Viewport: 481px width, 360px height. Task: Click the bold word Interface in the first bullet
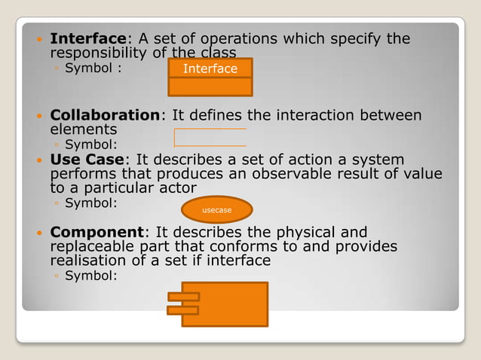pyautogui.click(x=87, y=38)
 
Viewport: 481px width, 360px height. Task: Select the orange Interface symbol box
pyautogui.click(x=210, y=77)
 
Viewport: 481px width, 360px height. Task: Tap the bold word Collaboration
pyautogui.click(x=105, y=115)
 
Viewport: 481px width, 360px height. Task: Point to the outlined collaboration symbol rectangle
pyautogui.click(x=210, y=137)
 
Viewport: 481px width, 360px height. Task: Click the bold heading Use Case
pyautogui.click(x=90, y=160)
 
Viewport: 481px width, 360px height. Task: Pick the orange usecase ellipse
pyautogui.click(x=216, y=210)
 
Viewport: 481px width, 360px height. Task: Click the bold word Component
pyautogui.click(x=96, y=232)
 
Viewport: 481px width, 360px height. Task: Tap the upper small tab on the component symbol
pyautogui.click(x=182, y=295)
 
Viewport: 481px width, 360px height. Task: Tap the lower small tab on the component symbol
pyautogui.click(x=182, y=310)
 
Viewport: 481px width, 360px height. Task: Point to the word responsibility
pyautogui.click(x=100, y=53)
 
